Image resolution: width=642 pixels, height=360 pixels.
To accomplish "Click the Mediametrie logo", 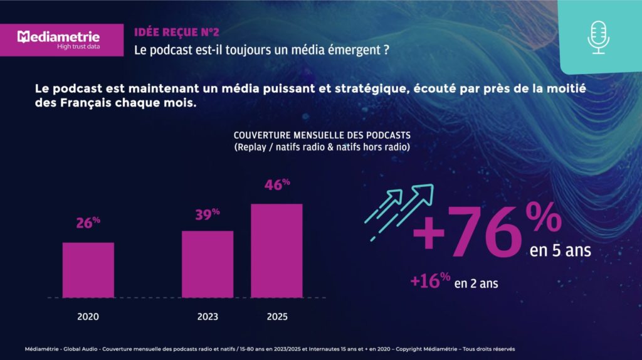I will pyautogui.click(x=59, y=39).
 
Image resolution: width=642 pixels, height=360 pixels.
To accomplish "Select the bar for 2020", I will pyautogui.click(x=88, y=270).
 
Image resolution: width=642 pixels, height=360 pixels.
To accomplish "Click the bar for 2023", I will pyautogui.click(x=208, y=263).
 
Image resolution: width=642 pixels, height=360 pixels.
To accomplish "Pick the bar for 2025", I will pyautogui.click(x=276, y=250).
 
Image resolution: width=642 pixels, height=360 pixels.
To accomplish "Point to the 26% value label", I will pyautogui.click(x=88, y=223).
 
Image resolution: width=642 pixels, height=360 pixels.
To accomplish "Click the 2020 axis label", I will pyautogui.click(x=88, y=317).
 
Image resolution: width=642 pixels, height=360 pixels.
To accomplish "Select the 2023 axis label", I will pyautogui.click(x=208, y=317).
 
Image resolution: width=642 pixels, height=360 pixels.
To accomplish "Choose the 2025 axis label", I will pyautogui.click(x=276, y=317).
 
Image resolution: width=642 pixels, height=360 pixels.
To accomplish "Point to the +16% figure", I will pyautogui.click(x=430, y=281).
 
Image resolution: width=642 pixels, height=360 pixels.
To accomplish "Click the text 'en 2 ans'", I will pyautogui.click(x=476, y=283).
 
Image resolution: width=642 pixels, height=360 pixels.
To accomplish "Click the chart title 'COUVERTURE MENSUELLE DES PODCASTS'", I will pyautogui.click(x=322, y=135).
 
